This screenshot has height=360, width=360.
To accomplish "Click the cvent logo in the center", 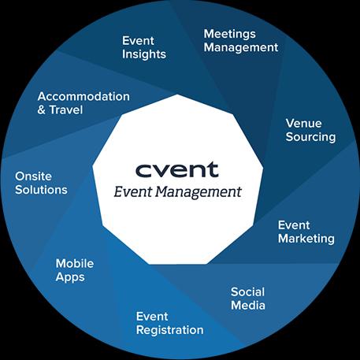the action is point(176,169).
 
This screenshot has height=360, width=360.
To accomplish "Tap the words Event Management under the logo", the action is point(177,191).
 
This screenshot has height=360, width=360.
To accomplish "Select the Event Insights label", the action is point(144,47).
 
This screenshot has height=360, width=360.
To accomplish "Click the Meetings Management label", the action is point(241,41).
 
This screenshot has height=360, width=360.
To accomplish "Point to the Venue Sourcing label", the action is point(310,130).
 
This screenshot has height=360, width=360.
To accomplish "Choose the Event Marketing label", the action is point(306,232).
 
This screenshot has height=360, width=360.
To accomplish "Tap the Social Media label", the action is point(248,299).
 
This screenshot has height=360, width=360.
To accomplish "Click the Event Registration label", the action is point(170,324).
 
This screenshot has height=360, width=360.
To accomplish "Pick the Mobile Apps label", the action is point(75,270).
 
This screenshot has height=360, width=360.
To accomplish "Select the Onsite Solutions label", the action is point(41,183).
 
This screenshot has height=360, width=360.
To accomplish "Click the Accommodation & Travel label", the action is point(84,103).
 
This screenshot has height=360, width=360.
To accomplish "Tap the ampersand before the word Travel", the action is point(41,109).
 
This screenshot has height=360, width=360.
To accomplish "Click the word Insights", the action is point(144,54).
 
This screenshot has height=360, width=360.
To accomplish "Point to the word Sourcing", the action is point(310,137).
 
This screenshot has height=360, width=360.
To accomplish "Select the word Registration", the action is point(170,330).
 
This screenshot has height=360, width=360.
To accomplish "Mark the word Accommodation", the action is point(84,96).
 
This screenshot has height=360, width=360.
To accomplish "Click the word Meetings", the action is point(229,34).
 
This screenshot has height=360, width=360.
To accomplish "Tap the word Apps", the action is point(70,277).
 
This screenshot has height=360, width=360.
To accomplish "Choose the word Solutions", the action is point(41,190).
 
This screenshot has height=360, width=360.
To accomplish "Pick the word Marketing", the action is point(306,239).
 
